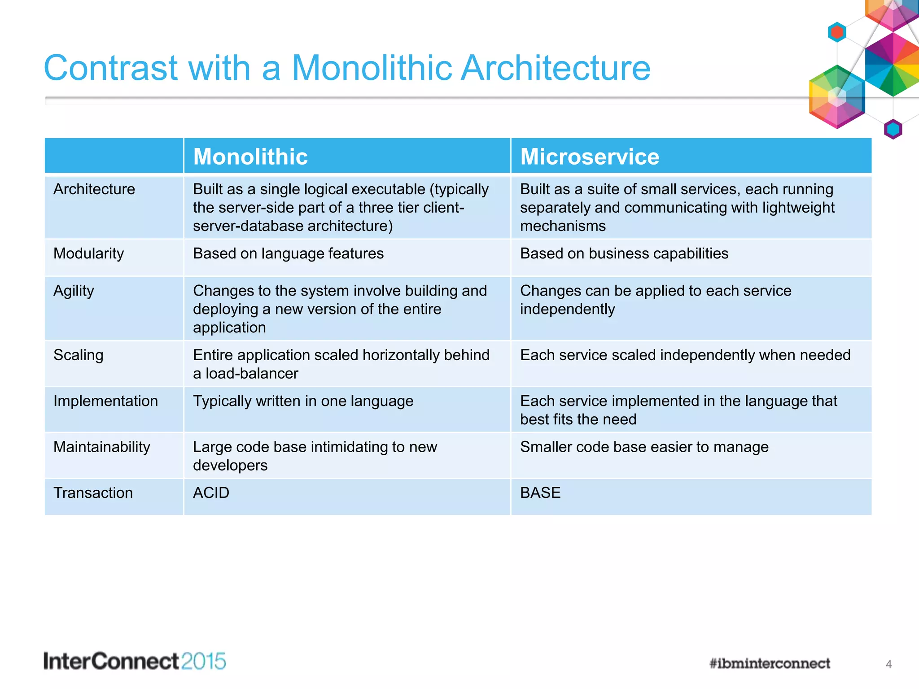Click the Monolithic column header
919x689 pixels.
(x=250, y=157)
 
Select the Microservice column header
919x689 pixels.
(x=589, y=157)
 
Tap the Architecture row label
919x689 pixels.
(x=94, y=189)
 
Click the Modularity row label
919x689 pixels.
(x=88, y=253)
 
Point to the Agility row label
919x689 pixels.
(x=74, y=291)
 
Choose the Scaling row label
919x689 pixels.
(x=79, y=355)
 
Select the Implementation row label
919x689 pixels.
(x=105, y=401)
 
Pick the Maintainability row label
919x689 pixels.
(x=102, y=447)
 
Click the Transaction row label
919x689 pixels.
(x=93, y=493)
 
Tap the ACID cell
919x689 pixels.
(x=211, y=493)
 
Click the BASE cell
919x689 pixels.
(x=540, y=493)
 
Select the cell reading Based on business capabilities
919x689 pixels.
(x=624, y=253)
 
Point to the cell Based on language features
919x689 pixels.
(x=288, y=253)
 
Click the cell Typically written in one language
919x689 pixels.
(x=303, y=401)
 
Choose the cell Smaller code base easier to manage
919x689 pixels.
(x=644, y=447)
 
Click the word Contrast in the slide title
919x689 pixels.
(x=110, y=68)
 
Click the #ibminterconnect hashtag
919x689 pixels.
(x=770, y=663)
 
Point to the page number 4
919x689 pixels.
(x=888, y=664)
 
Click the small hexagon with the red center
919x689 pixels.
(x=837, y=32)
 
